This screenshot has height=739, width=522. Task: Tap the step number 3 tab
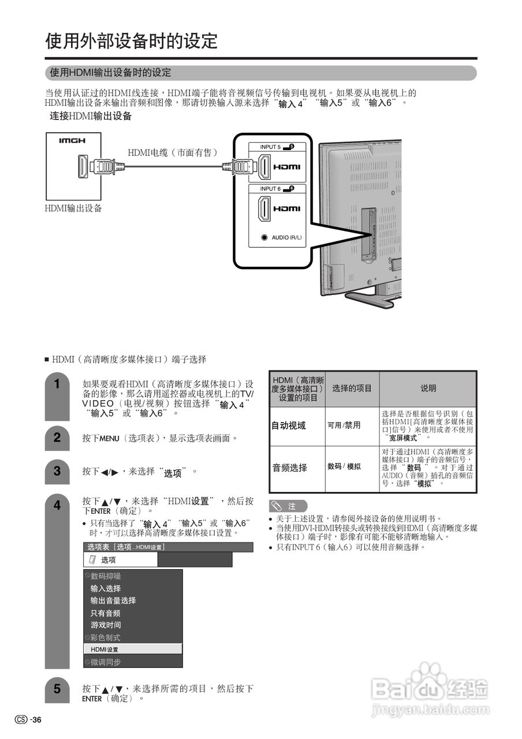57,471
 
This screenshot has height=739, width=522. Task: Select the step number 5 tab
57,689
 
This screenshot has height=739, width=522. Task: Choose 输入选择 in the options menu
106,588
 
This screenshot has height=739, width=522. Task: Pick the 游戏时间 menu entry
106,625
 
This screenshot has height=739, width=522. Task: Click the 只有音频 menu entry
106,613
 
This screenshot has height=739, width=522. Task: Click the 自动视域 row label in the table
289,426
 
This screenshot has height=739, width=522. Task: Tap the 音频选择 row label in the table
290,468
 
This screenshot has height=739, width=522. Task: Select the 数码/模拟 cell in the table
344,466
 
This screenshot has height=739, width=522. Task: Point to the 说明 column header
428,389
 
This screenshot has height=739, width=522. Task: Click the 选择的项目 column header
352,389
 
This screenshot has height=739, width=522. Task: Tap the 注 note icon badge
288,506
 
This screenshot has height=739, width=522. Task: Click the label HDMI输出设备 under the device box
73,208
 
